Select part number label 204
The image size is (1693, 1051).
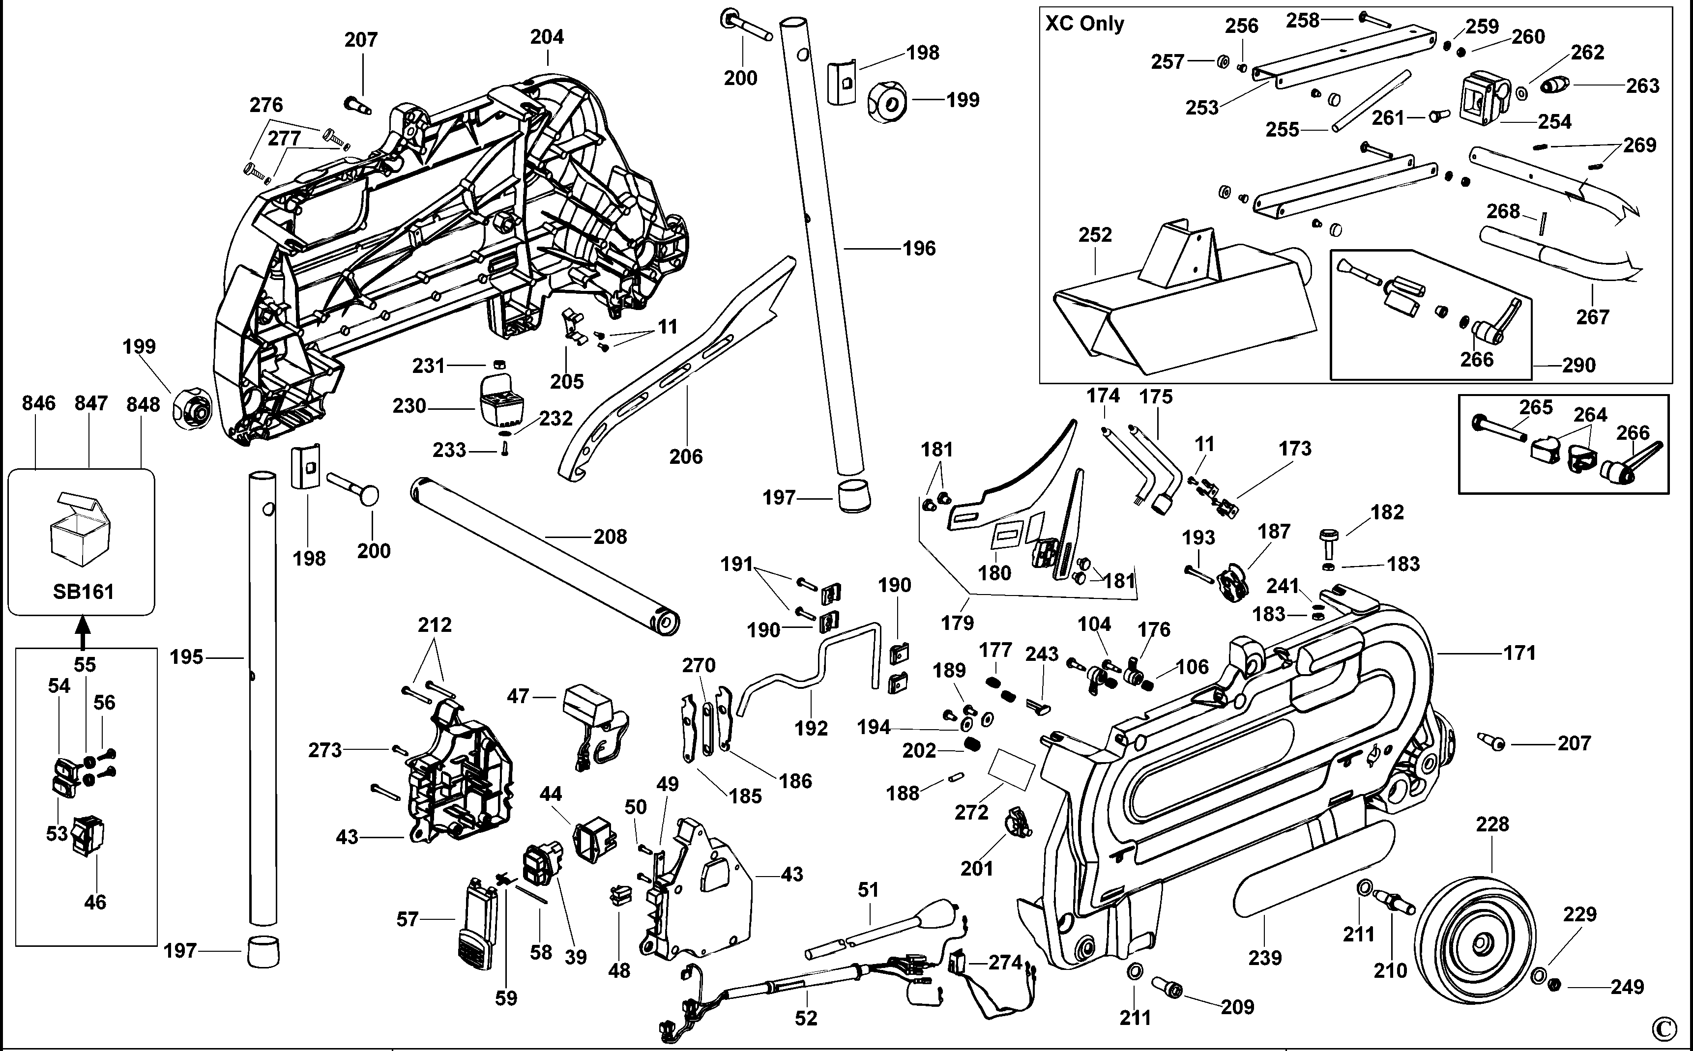[547, 37]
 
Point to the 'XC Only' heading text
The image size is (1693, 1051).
[1084, 24]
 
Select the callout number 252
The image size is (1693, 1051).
[1095, 234]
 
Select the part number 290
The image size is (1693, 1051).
[1578, 365]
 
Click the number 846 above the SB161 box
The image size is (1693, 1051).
[38, 403]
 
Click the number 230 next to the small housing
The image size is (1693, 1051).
[409, 405]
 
